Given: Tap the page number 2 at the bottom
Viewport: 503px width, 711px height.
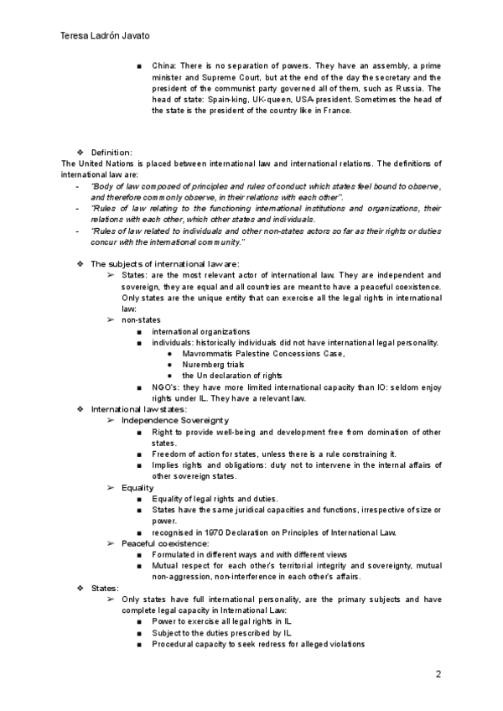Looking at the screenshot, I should [438, 674].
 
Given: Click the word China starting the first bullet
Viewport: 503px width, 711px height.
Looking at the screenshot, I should [163, 65].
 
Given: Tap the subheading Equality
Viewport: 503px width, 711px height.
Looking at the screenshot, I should [137, 487].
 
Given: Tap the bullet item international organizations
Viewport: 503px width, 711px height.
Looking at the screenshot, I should [201, 331].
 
